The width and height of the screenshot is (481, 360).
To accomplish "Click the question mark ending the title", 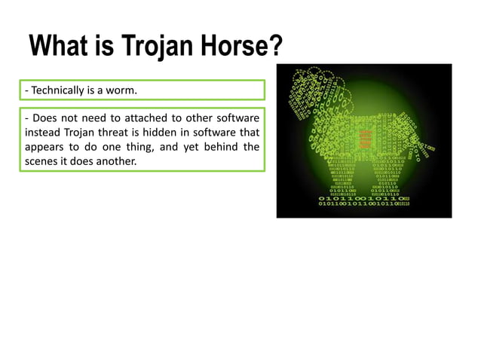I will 276,47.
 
